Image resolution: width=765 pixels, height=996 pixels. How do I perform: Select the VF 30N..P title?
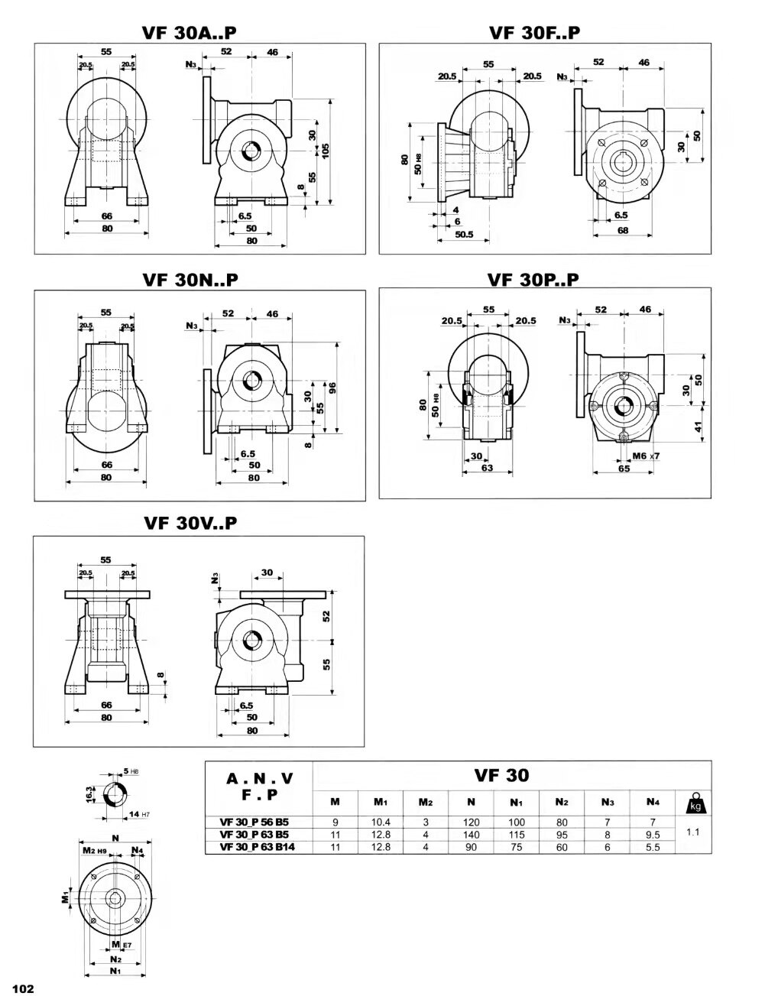tap(190, 280)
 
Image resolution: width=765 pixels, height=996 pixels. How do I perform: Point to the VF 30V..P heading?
tap(190, 524)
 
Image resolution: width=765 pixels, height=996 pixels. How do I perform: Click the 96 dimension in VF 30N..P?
tap(332, 388)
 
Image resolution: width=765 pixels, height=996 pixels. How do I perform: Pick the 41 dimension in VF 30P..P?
tap(698, 428)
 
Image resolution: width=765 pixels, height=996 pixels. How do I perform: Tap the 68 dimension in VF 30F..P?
tap(622, 230)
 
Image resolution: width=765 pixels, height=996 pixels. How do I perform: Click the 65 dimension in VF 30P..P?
tap(624, 468)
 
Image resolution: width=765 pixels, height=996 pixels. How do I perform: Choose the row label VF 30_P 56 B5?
tap(254, 822)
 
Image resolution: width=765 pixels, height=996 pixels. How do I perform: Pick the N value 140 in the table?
tap(471, 835)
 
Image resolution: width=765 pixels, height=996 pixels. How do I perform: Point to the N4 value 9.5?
tap(652, 835)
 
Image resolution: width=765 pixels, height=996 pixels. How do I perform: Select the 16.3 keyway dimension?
tap(89, 794)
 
